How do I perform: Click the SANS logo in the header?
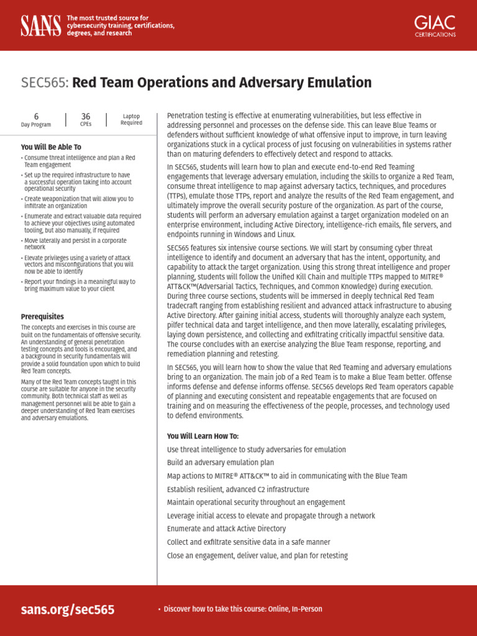(40, 25)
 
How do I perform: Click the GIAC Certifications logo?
(435, 25)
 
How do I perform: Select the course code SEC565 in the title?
(44, 83)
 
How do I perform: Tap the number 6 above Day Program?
(36, 116)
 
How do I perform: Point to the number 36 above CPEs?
(86, 116)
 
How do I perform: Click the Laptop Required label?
(131, 119)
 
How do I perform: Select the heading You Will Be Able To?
(51, 147)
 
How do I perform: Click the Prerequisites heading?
(42, 316)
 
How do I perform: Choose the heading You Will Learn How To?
(202, 436)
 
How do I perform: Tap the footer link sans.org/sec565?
(68, 609)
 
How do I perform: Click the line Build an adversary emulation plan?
(220, 463)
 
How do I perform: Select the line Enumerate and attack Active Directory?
(226, 529)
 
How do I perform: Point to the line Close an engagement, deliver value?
(257, 555)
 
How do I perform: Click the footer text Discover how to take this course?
(242, 609)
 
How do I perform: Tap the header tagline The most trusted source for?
(107, 18)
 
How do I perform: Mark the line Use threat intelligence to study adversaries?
(257, 449)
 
